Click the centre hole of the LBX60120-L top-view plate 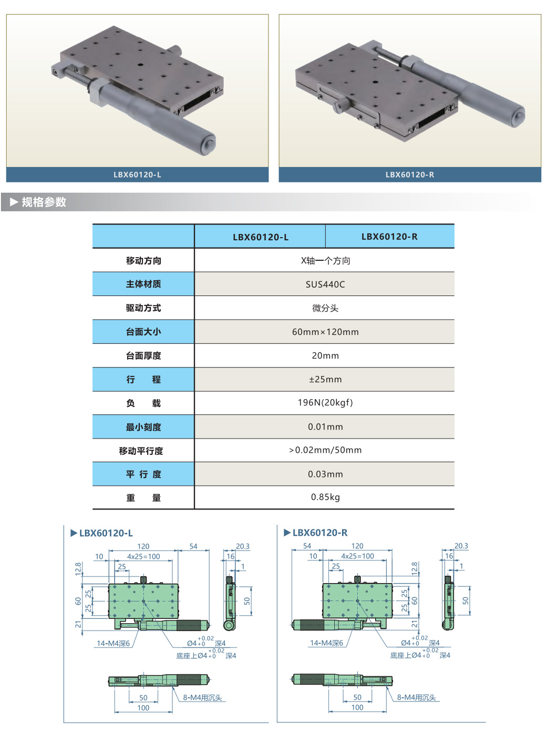coord(143,601)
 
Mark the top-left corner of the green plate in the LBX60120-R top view coord(323,584)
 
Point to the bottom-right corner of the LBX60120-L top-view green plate coord(178,618)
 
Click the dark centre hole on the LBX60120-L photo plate coord(140,65)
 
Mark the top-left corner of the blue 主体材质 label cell coord(93,272)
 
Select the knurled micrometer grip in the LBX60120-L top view coord(188,625)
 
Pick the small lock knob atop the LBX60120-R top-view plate coord(357,579)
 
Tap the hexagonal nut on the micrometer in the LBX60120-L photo coord(97,92)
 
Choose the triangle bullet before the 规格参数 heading coord(14,202)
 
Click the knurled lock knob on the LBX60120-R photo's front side coord(342,107)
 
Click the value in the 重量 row coord(325,497)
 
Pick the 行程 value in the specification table coord(325,379)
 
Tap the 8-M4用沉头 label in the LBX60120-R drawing coord(416,697)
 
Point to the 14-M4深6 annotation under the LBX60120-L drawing coord(113,644)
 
